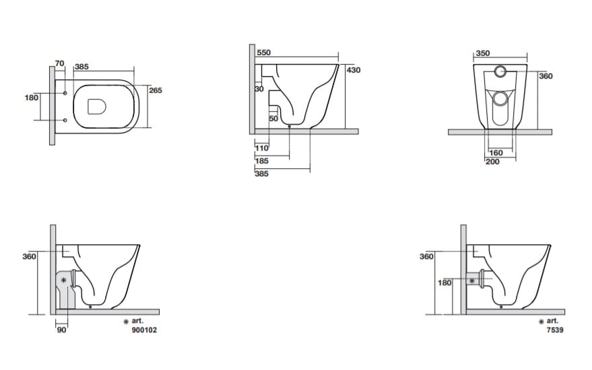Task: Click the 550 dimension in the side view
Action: coord(263,52)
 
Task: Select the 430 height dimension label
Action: coord(354,70)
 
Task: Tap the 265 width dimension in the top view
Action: coord(156,90)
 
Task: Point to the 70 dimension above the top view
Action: coord(59,63)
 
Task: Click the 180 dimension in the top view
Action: coord(31,98)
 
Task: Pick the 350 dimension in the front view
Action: coord(482,53)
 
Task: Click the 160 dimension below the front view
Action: coord(496,153)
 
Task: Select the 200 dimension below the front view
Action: coord(492,161)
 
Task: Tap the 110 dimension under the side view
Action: coord(262,148)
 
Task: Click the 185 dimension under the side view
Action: coord(262,161)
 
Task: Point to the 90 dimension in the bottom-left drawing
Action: coord(61,330)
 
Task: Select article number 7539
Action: coord(552,331)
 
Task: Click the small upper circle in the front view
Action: coord(500,71)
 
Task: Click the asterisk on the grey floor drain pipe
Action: coord(64,279)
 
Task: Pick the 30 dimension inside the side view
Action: coord(259,89)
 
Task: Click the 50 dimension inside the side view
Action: coord(273,118)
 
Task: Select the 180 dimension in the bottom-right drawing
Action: coord(445,283)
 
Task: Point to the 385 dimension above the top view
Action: coord(82,67)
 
